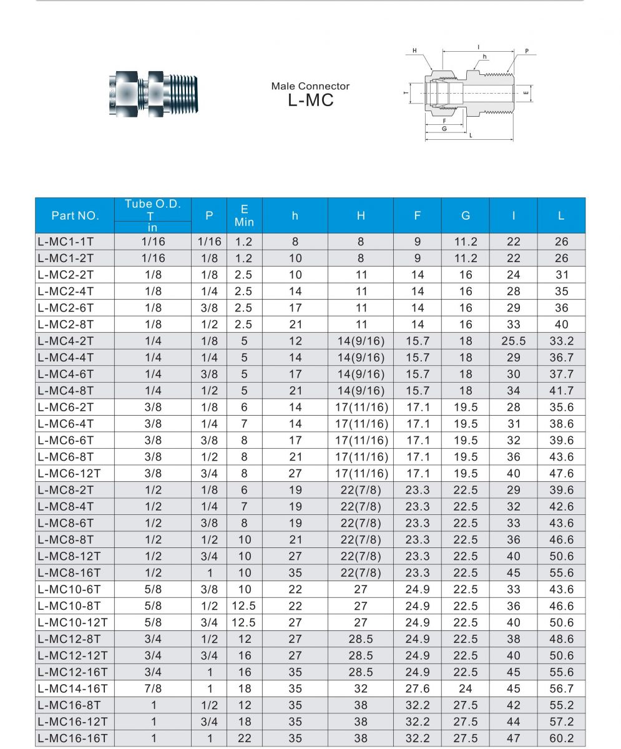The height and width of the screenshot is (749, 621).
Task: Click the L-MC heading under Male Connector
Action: click(311, 100)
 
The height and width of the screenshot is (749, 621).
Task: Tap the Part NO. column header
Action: click(75, 216)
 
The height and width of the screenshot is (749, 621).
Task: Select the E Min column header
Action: click(244, 216)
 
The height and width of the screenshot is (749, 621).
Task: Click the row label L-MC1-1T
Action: click(66, 242)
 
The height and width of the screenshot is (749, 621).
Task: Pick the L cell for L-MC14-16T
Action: click(561, 689)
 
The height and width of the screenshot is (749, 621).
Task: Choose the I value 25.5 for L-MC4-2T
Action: click(513, 341)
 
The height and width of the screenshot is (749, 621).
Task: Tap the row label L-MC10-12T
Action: click(72, 623)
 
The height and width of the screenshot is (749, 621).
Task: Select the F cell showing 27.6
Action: click(418, 689)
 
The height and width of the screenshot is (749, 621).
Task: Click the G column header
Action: click(465, 216)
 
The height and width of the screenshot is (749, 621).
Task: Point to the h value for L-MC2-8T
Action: click(295, 325)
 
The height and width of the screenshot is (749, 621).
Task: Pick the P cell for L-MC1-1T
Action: click(209, 242)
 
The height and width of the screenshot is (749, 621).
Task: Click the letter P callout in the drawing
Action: click(527, 52)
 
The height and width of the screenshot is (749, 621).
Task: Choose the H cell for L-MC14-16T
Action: click(361, 689)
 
